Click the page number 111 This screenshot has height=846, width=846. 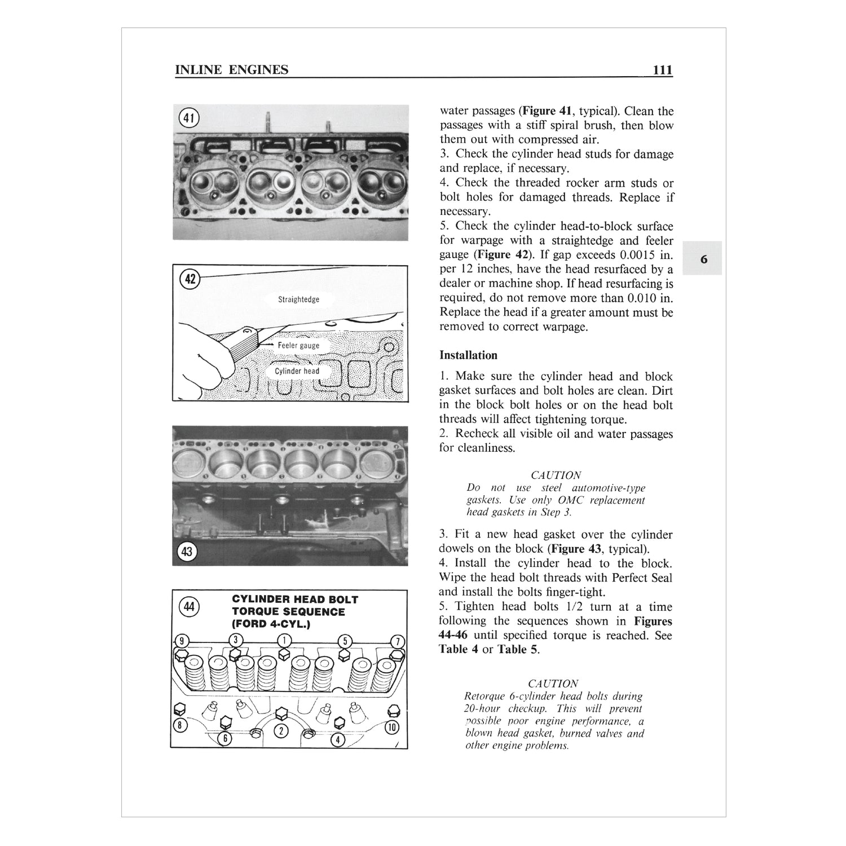[662, 70]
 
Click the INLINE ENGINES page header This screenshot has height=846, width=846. [232, 70]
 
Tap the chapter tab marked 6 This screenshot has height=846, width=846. [703, 259]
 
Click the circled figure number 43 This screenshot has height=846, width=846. [186, 551]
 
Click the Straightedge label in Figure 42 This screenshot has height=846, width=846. [298, 299]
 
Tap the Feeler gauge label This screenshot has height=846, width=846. [298, 345]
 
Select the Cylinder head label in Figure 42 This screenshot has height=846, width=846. [297, 371]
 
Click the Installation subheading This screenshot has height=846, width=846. [468, 355]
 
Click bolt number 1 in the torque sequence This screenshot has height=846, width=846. [285, 640]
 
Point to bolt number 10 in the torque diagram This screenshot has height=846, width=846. [391, 727]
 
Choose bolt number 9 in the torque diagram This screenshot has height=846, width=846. [181, 641]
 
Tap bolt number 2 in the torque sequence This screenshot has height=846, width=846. [280, 732]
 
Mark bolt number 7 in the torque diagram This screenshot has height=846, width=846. [398, 641]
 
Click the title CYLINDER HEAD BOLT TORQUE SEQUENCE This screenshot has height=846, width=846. [294, 612]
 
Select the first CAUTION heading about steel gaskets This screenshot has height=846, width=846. [556, 475]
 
